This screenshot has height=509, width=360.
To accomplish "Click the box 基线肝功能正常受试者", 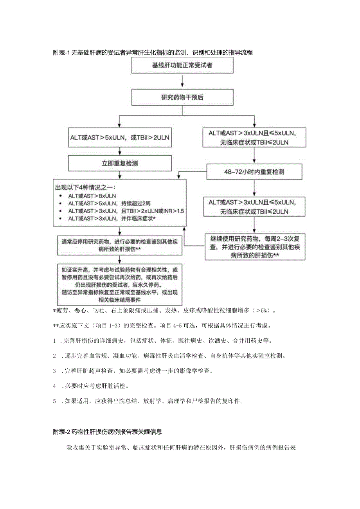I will coord(182,65).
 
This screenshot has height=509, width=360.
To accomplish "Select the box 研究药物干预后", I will coord(182,98).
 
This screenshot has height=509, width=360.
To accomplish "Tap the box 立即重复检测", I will coord(120,163).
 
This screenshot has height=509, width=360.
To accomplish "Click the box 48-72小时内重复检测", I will coord(254,172).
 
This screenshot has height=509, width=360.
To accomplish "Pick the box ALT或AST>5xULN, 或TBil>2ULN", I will coord(120,138).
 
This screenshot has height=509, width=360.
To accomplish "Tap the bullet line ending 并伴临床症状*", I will coord(112,219).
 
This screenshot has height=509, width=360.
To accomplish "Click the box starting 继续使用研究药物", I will coord(254,246).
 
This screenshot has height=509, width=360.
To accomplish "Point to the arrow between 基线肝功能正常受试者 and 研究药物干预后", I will coord(182,81).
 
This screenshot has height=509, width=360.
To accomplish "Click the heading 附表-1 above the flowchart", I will coord(153,53).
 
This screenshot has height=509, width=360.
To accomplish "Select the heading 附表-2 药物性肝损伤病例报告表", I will coord(107,432).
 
